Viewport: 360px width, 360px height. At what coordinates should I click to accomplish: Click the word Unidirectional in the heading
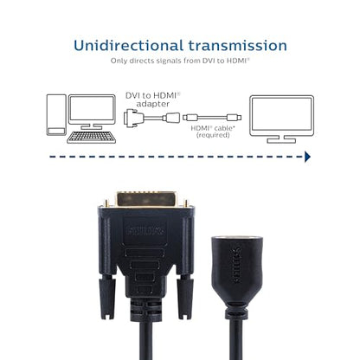(x=129, y=46)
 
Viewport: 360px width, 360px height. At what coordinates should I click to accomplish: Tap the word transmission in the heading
(x=238, y=46)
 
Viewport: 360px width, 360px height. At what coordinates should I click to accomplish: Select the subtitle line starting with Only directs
(x=180, y=61)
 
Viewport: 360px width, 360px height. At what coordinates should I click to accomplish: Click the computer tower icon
(x=56, y=115)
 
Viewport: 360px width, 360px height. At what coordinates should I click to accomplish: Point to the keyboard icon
(x=92, y=138)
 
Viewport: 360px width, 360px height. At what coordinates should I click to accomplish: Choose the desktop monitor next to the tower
(x=92, y=112)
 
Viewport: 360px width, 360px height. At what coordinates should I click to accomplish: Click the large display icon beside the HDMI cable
(x=281, y=119)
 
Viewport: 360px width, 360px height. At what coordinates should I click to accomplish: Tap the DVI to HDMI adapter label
(x=153, y=100)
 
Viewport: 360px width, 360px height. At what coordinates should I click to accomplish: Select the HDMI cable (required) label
(x=213, y=132)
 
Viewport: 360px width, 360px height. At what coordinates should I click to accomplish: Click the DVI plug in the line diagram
(x=133, y=118)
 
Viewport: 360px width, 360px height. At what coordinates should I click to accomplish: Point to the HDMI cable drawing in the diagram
(x=212, y=118)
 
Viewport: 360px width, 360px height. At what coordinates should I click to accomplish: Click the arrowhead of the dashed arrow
(x=307, y=157)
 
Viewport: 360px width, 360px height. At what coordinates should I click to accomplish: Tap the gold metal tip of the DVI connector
(x=146, y=199)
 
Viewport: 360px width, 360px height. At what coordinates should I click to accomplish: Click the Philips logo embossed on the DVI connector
(x=145, y=231)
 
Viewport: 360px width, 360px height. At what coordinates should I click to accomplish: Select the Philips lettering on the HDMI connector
(x=236, y=265)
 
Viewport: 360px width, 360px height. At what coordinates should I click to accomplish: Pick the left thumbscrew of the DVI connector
(x=106, y=297)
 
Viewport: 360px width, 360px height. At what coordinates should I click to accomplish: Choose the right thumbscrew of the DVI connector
(x=184, y=297)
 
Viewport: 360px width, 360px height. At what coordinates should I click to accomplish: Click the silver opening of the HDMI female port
(x=237, y=239)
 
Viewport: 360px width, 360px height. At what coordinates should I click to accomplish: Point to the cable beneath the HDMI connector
(x=236, y=339)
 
